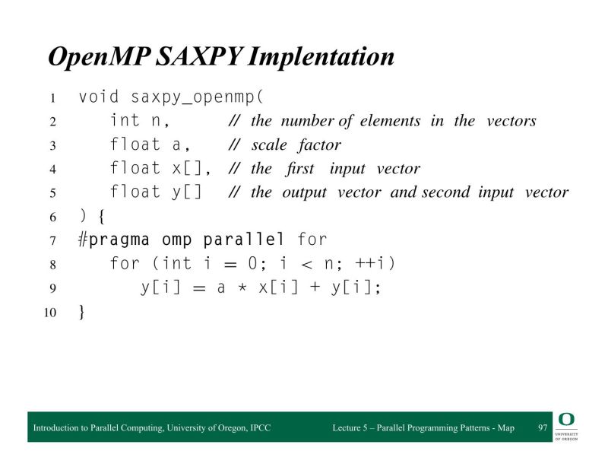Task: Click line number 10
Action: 49,312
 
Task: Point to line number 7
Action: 53,241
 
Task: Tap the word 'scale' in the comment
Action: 270,144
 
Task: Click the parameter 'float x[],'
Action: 160,168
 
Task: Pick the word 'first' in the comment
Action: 301,169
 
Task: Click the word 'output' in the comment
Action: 304,192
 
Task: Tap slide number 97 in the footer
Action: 543,428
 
